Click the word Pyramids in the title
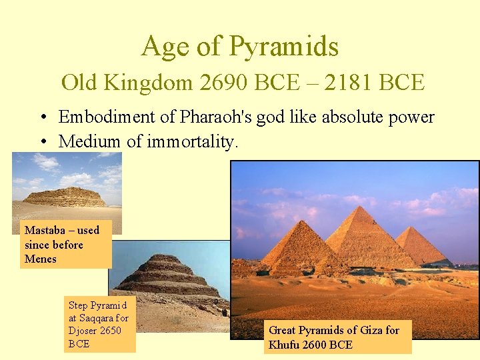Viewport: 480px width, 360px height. pos(283,47)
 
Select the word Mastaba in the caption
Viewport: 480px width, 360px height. pos(46,230)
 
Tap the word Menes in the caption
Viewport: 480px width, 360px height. pos(40,259)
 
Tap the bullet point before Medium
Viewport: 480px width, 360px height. pos(42,142)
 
